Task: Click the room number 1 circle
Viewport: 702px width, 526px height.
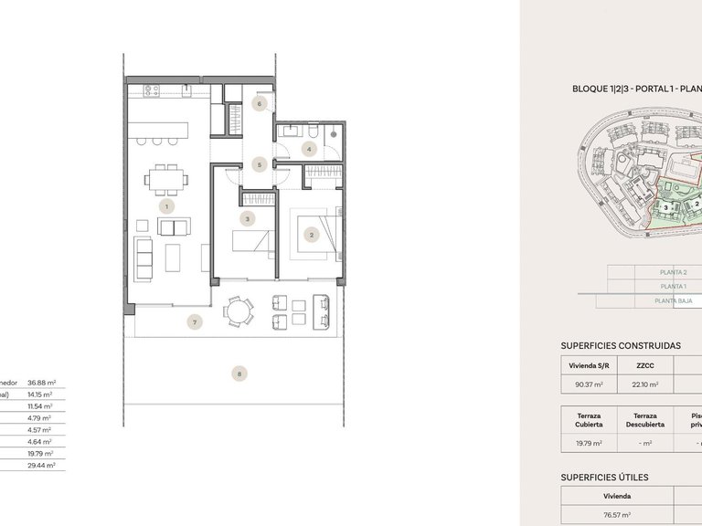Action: [x=165, y=207]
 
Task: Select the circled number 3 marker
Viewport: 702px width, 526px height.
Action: [x=247, y=219]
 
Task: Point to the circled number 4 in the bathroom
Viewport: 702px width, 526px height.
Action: [x=310, y=149]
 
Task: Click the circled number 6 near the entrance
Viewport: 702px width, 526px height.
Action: [x=260, y=104]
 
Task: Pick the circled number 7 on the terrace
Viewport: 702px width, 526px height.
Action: [x=193, y=321]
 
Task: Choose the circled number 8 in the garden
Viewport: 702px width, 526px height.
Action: [x=239, y=373]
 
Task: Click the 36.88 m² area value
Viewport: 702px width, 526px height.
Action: [x=42, y=383]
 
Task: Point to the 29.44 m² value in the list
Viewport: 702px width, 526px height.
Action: [x=42, y=465]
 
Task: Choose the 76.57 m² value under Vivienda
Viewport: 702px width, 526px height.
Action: [x=618, y=515]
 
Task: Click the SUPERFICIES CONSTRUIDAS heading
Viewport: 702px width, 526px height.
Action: [x=620, y=347]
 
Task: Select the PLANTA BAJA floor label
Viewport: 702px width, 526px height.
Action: [x=673, y=300]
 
